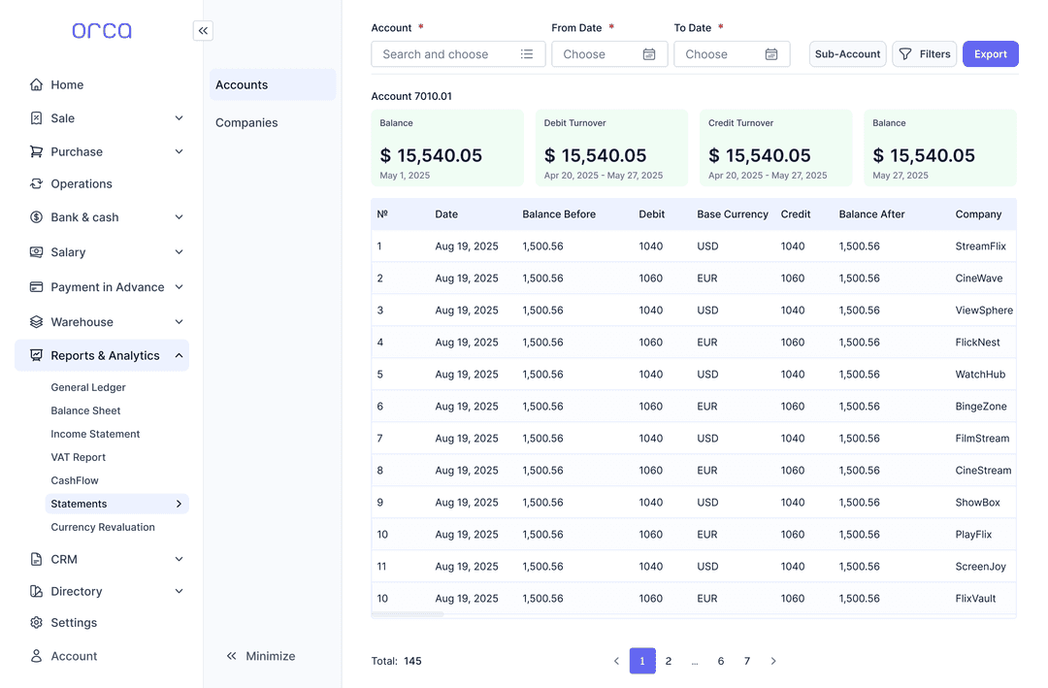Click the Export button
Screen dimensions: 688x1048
990,54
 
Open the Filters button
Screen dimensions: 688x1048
924,54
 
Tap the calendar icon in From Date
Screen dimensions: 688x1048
649,54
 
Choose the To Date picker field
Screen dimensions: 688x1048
731,54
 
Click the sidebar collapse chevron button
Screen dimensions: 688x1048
203,31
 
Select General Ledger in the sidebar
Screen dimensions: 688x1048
88,387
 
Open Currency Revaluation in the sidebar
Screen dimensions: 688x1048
103,527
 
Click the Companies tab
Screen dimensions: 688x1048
246,122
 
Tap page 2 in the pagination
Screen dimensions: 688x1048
669,661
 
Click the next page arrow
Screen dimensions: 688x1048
773,661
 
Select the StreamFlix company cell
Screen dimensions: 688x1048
980,246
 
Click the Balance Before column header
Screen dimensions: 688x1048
559,214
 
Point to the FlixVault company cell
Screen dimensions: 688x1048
975,599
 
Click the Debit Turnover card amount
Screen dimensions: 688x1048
595,155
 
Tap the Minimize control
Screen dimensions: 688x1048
260,656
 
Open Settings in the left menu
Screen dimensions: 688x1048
74,623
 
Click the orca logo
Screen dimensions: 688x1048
102,31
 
